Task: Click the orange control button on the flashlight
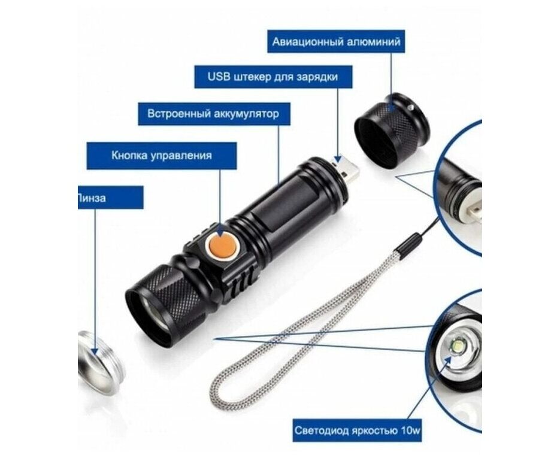pos(222,246)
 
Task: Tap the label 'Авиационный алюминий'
pos(336,42)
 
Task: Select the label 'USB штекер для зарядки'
pos(273,77)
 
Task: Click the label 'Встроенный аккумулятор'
pos(214,114)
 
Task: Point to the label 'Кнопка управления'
pos(162,156)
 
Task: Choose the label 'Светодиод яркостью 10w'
pos(357,430)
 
